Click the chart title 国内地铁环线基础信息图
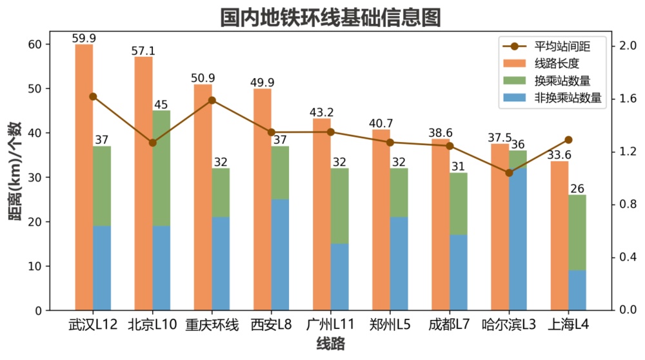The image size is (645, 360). pyautogui.click(x=331, y=17)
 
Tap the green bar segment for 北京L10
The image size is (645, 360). pyautogui.click(x=161, y=168)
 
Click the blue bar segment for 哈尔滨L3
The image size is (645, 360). pyautogui.click(x=518, y=239)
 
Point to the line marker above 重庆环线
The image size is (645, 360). pyautogui.click(x=212, y=100)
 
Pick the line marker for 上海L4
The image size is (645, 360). pyautogui.click(x=568, y=139)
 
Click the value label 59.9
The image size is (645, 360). pyautogui.click(x=84, y=39)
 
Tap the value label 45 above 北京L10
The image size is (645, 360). pyautogui.click(x=161, y=105)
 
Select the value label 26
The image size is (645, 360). pyautogui.click(x=577, y=189)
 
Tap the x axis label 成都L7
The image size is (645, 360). pyautogui.click(x=450, y=324)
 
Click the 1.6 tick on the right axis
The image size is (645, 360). pyautogui.click(x=628, y=99)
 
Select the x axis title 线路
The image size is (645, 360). pyautogui.click(x=331, y=344)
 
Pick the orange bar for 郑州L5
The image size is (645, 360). pyautogui.click(x=381, y=219)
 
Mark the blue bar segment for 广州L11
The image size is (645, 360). pyautogui.click(x=339, y=277)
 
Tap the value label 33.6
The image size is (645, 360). pyautogui.click(x=559, y=155)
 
